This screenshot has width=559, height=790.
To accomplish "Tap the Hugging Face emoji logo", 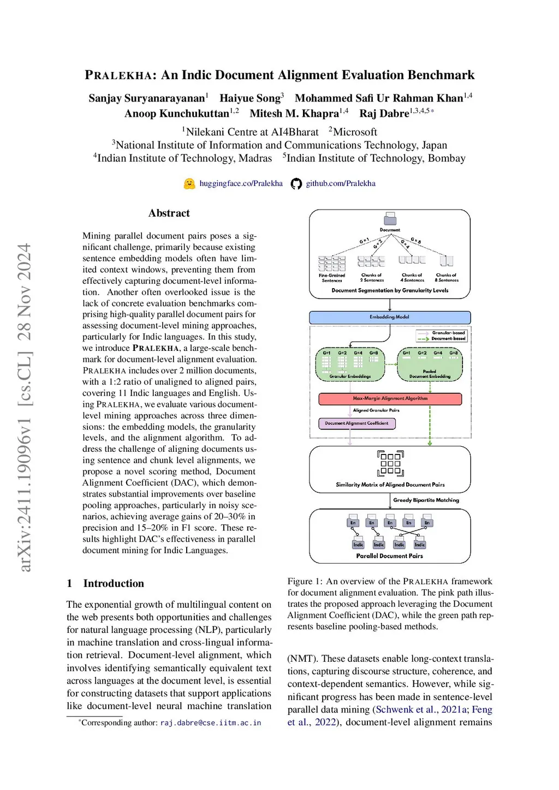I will click(189, 184).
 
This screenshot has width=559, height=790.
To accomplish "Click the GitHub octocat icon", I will click(296, 184).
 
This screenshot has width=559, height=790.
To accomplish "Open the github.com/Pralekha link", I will click(340, 183).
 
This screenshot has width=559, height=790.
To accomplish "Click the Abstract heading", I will click(169, 213).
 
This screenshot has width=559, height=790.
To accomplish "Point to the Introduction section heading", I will click(113, 583).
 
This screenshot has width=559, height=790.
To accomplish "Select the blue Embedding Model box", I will click(389, 317).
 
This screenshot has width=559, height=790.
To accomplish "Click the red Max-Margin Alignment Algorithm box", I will click(390, 399).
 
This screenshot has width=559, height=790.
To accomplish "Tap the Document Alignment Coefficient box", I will click(356, 423).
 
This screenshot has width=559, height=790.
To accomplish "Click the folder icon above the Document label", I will click(390, 219).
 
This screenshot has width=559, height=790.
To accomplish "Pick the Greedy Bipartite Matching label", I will click(426, 500).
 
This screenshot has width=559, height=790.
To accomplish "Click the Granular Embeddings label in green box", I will click(350, 376).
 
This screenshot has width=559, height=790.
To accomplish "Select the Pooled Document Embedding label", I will click(430, 374).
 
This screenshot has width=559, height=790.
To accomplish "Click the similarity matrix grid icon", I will click(390, 463).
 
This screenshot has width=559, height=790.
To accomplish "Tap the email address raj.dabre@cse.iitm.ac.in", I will click(210, 723).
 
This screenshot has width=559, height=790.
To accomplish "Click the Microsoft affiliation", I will click(355, 132).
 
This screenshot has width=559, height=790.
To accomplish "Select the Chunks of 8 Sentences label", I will click(446, 278).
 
